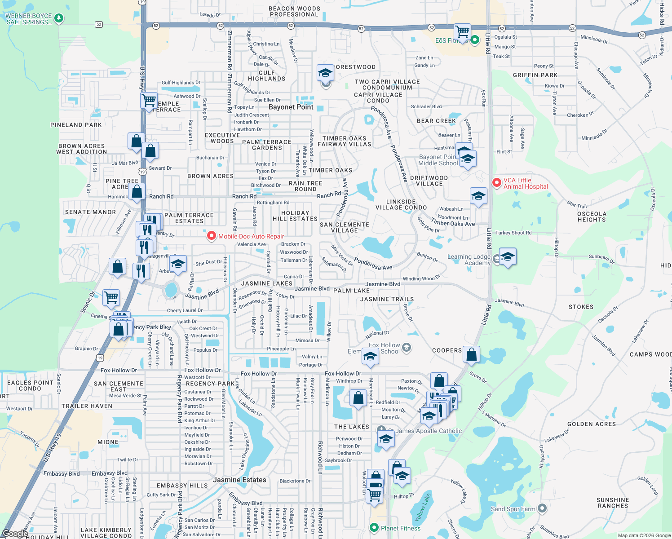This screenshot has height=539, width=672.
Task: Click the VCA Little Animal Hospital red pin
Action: pyautogui.click(x=496, y=182)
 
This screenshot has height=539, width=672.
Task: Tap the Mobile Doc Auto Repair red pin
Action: pyautogui.click(x=211, y=236)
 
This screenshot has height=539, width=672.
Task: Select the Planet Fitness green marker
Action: pyautogui.click(x=374, y=528)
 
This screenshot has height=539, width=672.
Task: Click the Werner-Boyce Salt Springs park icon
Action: pyautogui.click(x=58, y=18)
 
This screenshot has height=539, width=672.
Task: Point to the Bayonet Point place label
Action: pyautogui.click(x=291, y=107)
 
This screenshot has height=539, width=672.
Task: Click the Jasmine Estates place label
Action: pyautogui.click(x=239, y=480)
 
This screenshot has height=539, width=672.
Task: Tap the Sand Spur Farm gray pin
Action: pyautogui.click(x=542, y=508)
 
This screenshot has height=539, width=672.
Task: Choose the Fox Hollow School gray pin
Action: pyautogui.click(x=407, y=347)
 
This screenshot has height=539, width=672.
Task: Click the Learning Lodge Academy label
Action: pyautogui.click(x=469, y=260)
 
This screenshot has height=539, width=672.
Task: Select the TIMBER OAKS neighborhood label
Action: pyautogui.click(x=330, y=170)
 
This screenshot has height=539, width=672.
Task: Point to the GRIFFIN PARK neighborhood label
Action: pyautogui.click(x=535, y=75)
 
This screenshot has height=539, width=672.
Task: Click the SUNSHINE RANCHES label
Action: pyautogui.click(x=613, y=503)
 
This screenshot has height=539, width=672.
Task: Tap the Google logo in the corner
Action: pyautogui.click(x=15, y=533)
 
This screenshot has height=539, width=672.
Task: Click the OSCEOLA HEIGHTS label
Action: pyautogui.click(x=592, y=216)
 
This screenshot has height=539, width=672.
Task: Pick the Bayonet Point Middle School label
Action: pyautogui.click(x=438, y=160)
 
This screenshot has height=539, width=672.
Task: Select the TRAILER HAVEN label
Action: pyautogui.click(x=87, y=406)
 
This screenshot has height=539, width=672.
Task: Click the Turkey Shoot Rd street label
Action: pyautogui.click(x=513, y=233)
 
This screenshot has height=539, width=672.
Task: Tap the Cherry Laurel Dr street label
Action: pyautogui.click(x=185, y=310)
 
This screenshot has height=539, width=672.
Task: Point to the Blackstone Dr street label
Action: pyautogui.click(x=295, y=481)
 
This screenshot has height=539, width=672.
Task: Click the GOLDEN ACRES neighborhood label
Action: pyautogui.click(x=592, y=424)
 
